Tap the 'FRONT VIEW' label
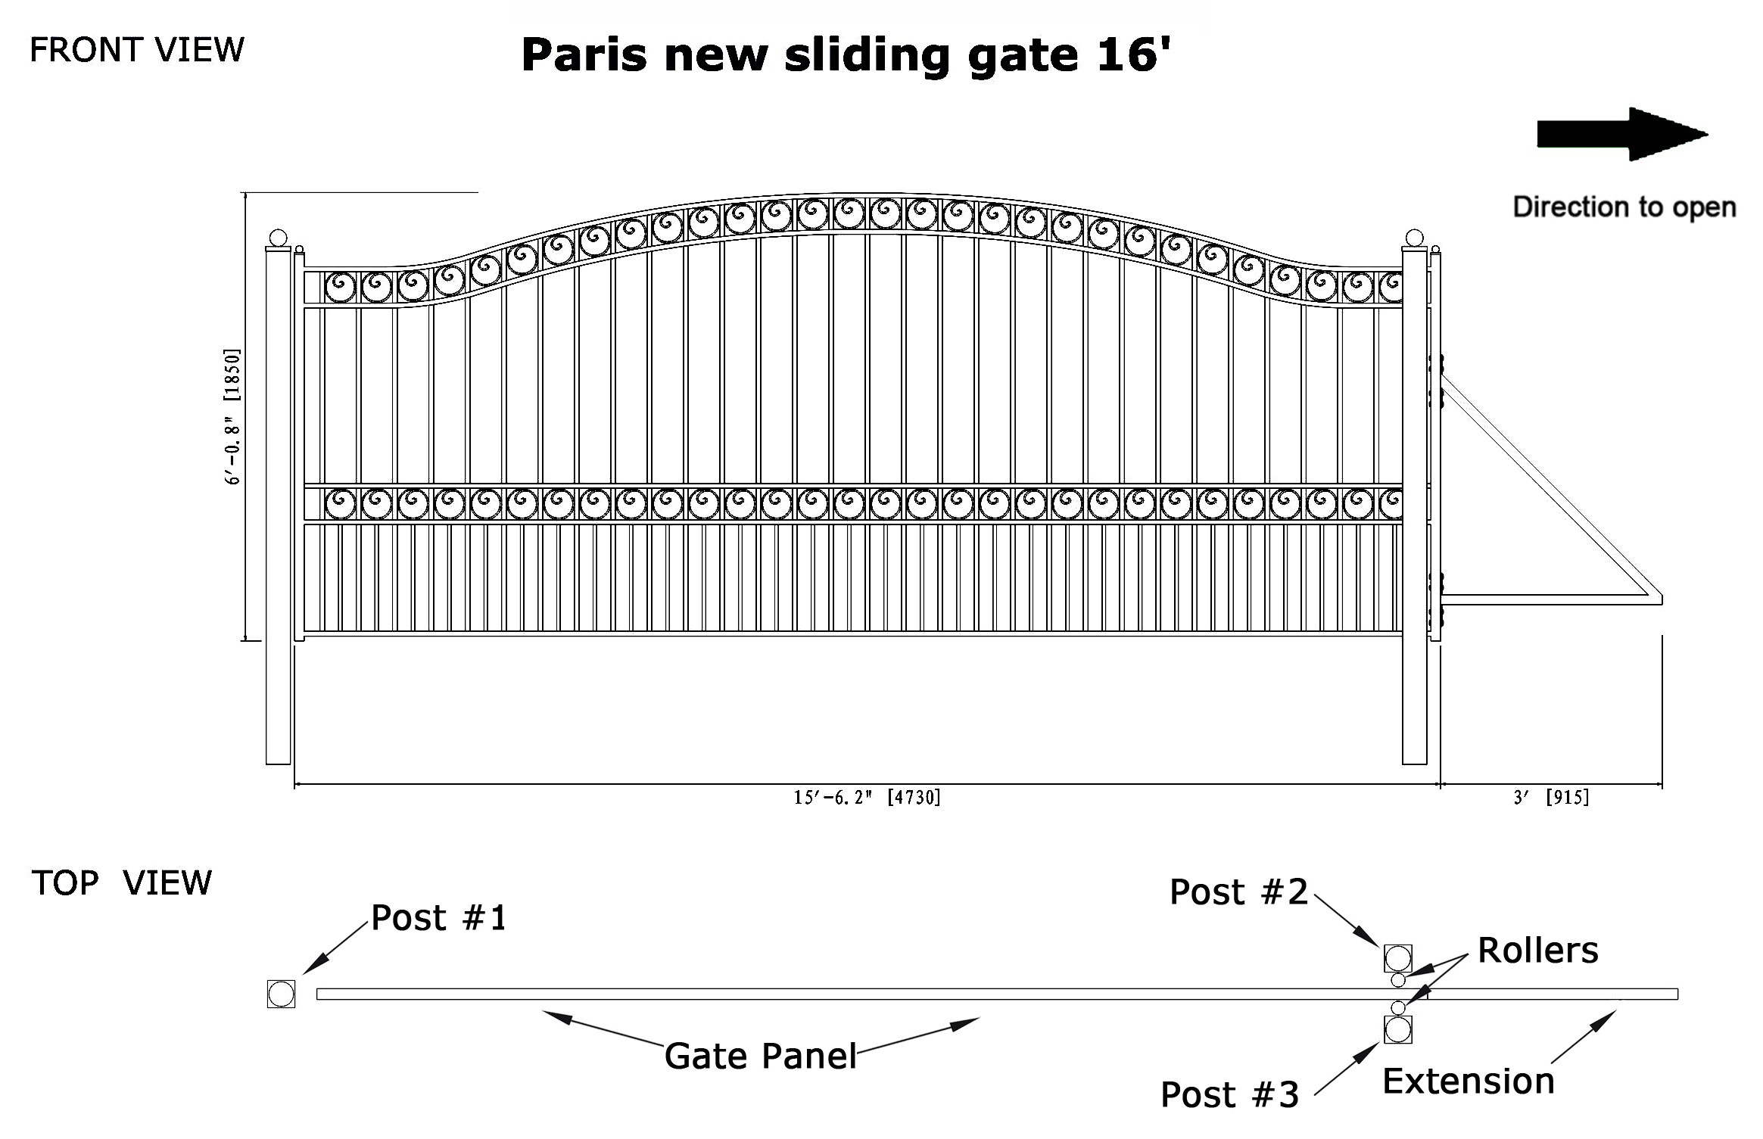137,50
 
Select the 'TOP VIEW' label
122,882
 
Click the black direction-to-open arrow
1622,134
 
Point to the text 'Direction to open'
1624,207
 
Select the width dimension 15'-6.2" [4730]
867,798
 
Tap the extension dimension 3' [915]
1552,798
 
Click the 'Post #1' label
439,918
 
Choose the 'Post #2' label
1239,892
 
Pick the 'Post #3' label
1230,1095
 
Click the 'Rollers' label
1538,951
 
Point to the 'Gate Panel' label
761,1057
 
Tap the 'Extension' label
1469,1081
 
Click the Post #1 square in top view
281,994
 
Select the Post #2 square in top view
1398,958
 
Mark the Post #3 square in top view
1398,1029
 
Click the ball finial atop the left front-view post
279,238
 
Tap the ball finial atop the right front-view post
1414,238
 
